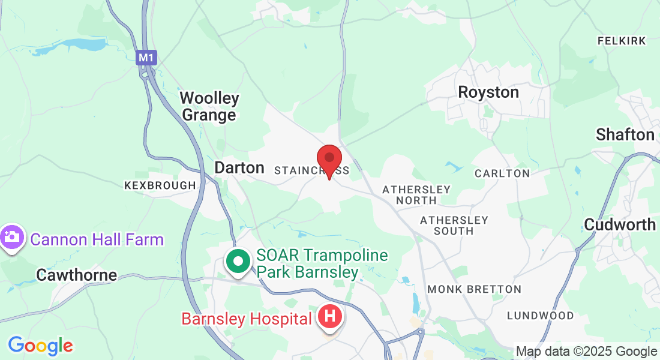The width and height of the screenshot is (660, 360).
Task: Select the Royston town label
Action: (488, 92)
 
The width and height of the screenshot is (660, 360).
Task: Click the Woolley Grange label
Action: (209, 106)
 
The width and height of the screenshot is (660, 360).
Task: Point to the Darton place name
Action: (239, 167)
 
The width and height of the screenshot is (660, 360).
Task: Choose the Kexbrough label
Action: (160, 185)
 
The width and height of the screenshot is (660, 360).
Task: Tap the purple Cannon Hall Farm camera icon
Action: (11, 238)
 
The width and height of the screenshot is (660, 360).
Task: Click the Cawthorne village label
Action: (77, 275)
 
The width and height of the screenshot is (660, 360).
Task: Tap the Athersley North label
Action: (416, 194)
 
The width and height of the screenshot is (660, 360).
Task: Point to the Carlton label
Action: (502, 173)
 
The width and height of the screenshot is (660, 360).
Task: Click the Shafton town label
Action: (625, 134)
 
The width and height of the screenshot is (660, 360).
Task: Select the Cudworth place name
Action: (620, 224)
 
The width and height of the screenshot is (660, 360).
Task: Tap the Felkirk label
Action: (622, 41)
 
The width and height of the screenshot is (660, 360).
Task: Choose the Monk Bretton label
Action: (474, 289)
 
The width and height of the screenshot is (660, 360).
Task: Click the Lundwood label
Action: (540, 316)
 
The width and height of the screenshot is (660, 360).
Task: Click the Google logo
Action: (40, 346)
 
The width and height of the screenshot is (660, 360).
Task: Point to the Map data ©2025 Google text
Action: (586, 352)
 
